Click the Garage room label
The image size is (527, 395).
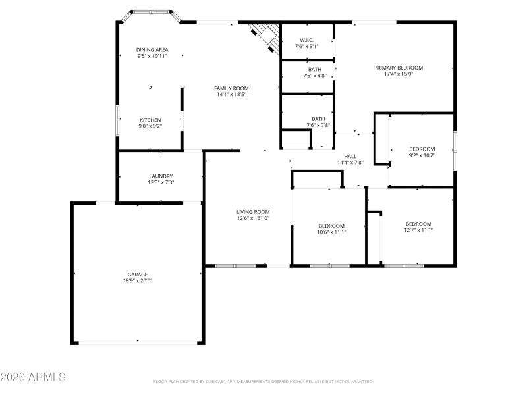pos(137,274)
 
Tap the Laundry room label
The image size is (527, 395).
pos(161,176)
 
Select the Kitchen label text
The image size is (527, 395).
pos(150,120)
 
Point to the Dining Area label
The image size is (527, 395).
pos(152,49)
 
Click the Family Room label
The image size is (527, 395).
pos(231,88)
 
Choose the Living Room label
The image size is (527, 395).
pos(254,211)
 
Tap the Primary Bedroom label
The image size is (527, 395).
pos(399,68)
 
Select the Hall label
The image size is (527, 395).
pos(350,156)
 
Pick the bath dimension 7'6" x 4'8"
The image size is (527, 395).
pos(314,76)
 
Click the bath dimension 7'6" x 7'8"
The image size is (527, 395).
pos(318,125)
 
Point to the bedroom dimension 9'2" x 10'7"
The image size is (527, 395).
pos(422,155)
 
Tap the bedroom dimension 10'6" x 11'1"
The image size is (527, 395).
pos(331,232)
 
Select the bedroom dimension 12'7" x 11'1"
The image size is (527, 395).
pos(418,230)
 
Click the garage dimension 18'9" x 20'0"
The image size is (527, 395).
pos(137,280)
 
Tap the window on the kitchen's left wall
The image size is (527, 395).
pos(118,120)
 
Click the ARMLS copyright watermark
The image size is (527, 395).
pos(33,377)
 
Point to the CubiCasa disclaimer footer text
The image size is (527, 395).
pos(263,382)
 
